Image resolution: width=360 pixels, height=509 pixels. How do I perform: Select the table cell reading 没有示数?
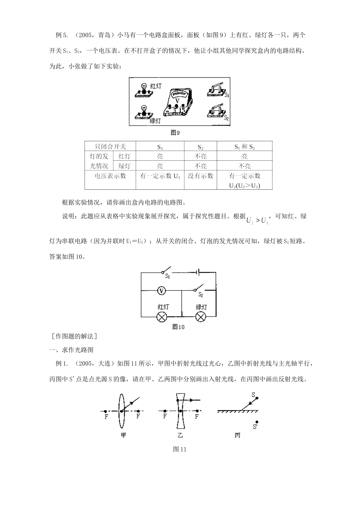200,176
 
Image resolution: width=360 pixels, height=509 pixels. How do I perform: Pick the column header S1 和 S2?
244,147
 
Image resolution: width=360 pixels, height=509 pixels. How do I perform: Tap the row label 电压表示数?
110,176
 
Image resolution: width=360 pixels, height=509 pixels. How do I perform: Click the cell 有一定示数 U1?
160,176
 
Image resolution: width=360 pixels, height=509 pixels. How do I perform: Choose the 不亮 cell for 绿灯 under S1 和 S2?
244,166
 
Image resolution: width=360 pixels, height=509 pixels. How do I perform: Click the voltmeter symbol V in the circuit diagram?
161,290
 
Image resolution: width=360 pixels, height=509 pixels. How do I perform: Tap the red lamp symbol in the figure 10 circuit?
162,317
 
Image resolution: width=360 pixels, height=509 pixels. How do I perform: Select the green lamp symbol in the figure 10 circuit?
200,317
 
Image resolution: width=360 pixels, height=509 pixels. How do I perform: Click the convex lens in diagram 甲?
121,411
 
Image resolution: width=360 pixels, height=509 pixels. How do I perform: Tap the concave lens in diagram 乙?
180,411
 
